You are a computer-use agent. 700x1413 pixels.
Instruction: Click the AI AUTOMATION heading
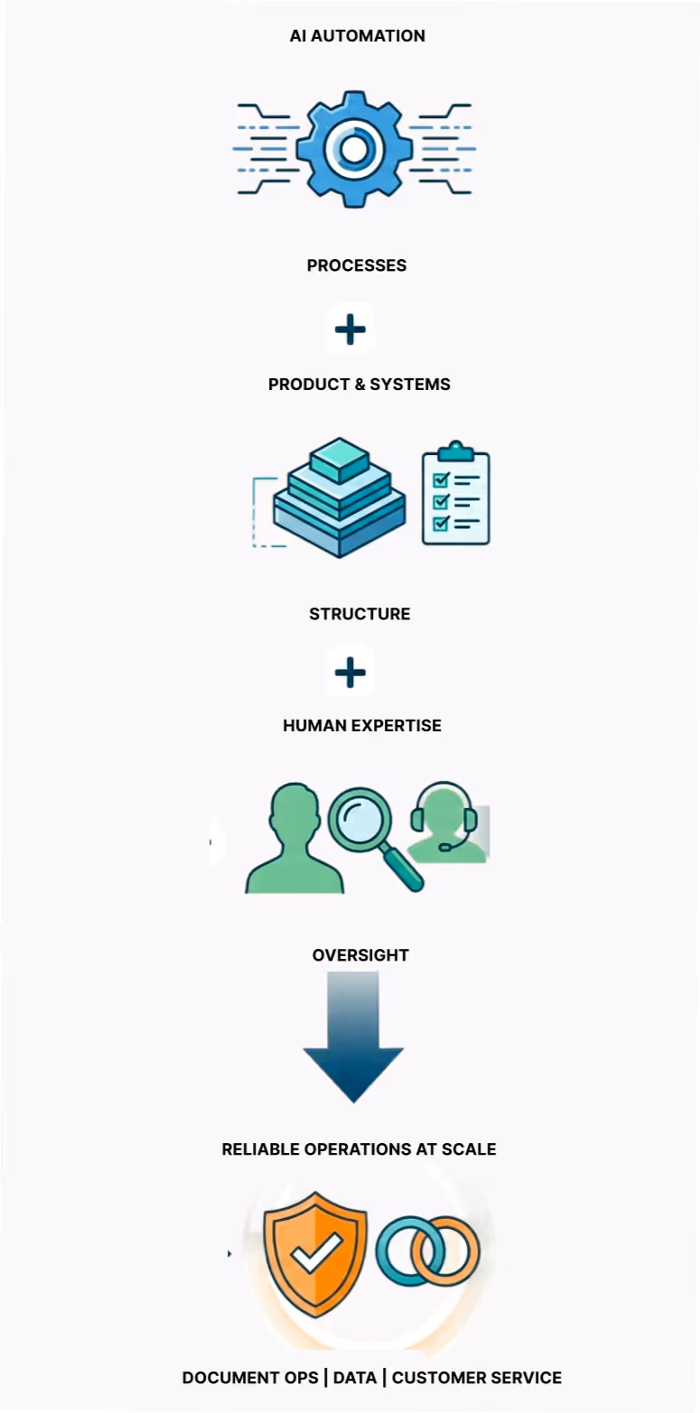[357, 36]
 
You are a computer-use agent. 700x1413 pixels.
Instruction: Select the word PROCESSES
[357, 265]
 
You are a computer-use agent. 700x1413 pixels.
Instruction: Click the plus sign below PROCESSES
[350, 330]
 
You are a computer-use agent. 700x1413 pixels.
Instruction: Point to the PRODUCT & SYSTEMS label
[359, 384]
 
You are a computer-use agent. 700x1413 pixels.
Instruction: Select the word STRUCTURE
[359, 614]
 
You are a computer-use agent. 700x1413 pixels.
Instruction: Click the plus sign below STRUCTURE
[350, 673]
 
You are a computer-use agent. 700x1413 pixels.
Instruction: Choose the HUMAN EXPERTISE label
[362, 725]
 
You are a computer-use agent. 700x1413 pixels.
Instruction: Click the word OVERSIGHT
[360, 955]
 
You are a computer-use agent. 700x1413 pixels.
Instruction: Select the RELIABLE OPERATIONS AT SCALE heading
[359, 1149]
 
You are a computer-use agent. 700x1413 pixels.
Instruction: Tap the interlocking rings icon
[427, 1252]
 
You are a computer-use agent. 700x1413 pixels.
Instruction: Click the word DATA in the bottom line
[354, 1378]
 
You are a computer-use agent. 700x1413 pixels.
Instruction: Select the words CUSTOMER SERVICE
[477, 1378]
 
